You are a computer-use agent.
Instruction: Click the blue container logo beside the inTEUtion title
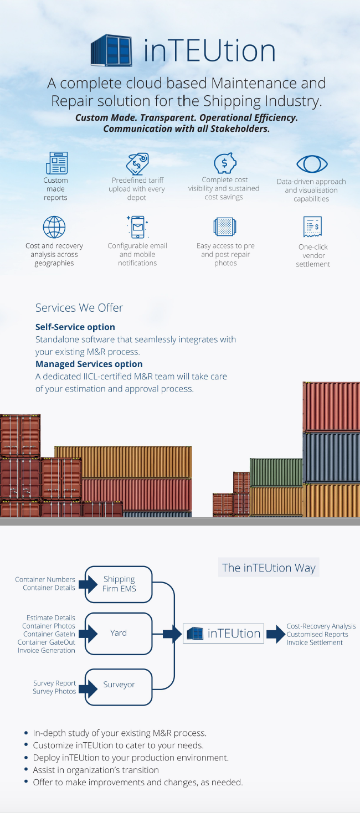(x=111, y=50)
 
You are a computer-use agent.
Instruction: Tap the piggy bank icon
(x=225, y=163)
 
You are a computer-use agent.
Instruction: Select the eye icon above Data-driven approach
(x=312, y=164)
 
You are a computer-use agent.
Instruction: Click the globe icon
(x=54, y=227)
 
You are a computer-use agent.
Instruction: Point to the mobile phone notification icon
(x=137, y=227)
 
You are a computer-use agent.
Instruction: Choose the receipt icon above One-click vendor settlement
(x=312, y=227)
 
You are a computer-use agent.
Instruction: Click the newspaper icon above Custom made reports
(x=56, y=163)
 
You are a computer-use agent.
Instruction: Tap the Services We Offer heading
(x=79, y=308)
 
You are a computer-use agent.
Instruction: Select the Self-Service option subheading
(x=75, y=327)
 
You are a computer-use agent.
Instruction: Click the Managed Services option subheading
(x=89, y=364)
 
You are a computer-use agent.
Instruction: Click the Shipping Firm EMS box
(x=119, y=584)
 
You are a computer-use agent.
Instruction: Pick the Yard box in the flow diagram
(x=119, y=634)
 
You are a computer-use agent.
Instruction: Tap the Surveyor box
(x=119, y=687)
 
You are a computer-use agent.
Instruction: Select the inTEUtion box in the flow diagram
(x=224, y=634)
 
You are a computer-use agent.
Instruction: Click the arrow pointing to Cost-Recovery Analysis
(x=276, y=634)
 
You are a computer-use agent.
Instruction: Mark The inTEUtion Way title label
(x=269, y=567)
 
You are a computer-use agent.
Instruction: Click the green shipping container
(x=276, y=472)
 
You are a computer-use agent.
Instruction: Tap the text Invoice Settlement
(x=315, y=642)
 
